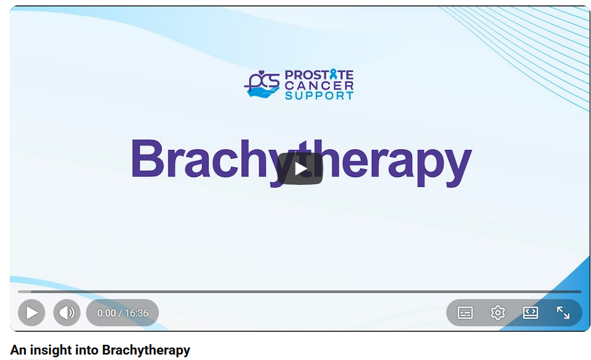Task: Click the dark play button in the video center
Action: [x=300, y=169]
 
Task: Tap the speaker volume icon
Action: [x=67, y=313]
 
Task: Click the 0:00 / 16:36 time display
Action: [x=122, y=313]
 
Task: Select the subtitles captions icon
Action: [x=465, y=313]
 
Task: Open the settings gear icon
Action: [x=497, y=313]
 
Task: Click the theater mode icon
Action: [x=530, y=313]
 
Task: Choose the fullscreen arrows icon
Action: [x=563, y=313]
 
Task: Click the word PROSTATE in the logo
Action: [x=319, y=75]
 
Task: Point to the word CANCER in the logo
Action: [x=319, y=85]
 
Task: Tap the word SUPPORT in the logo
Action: [x=319, y=96]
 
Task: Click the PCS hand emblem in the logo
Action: [x=262, y=85]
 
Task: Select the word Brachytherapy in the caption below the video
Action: [x=146, y=350]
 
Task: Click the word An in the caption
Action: [x=17, y=350]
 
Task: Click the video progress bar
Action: [x=299, y=292]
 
